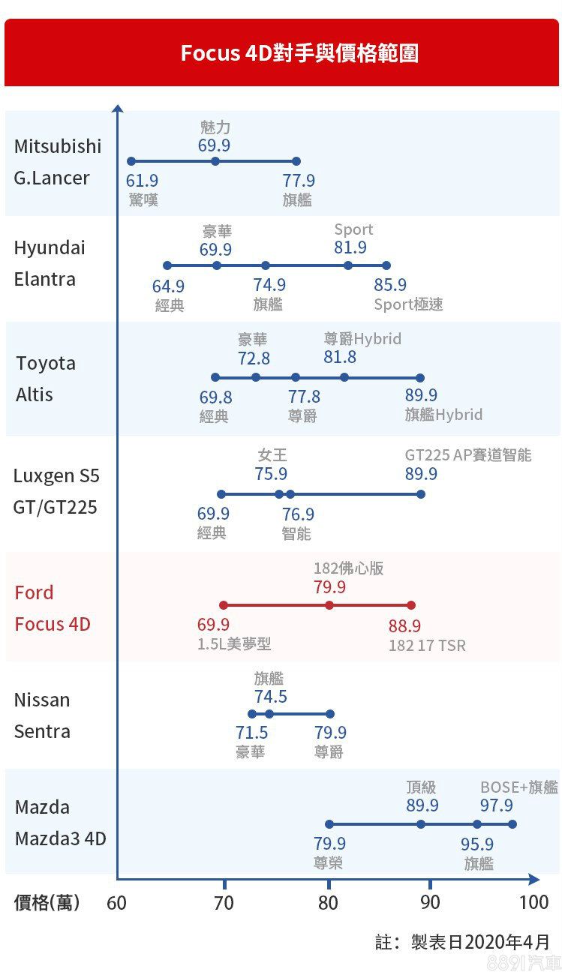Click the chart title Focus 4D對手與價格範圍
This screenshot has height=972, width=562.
299,54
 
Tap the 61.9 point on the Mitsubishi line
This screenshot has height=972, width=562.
131,161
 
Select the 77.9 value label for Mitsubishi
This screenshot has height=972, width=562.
299,181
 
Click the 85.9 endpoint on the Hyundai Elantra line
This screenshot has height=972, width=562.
386,265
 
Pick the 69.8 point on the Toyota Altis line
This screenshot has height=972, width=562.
215,377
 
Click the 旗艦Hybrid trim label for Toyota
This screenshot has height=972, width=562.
443,415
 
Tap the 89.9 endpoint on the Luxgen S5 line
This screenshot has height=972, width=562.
421,494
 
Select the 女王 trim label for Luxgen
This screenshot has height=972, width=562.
272,455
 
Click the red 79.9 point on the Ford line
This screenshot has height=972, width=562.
329,605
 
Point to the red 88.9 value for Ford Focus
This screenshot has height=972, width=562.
404,625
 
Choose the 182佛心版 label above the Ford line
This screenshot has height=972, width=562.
348,568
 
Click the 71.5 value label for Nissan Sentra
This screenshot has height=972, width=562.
251,733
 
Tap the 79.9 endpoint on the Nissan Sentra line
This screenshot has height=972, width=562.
330,714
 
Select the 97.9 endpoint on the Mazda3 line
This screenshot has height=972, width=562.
512,824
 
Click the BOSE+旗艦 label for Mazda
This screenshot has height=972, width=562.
518,787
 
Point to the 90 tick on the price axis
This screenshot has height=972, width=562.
430,902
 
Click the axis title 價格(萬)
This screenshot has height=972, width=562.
47,902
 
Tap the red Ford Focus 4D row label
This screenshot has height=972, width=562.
53,608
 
